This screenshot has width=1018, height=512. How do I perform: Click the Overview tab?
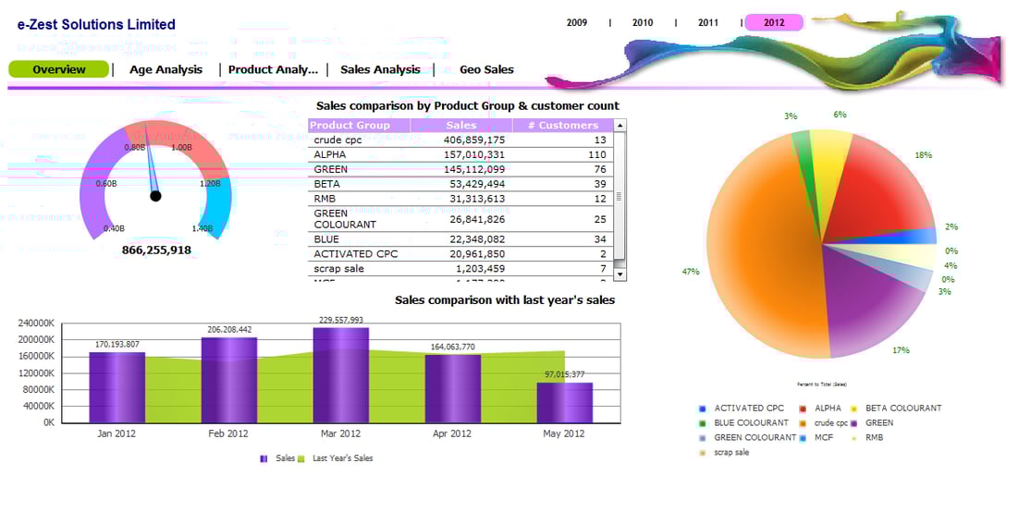[58, 69]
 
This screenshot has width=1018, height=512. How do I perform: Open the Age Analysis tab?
[166, 69]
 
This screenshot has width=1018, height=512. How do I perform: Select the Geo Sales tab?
[486, 69]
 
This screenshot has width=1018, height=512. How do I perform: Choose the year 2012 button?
[774, 22]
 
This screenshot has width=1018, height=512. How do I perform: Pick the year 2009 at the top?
[577, 22]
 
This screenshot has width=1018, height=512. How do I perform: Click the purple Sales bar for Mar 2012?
[340, 374]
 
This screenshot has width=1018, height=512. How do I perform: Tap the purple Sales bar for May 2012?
[565, 402]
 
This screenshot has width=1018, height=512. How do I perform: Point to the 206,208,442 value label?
[228, 330]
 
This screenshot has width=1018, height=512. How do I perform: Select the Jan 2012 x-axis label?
[117, 433]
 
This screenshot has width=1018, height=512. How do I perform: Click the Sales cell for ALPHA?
[474, 154]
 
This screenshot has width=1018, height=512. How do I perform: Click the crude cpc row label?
[337, 140]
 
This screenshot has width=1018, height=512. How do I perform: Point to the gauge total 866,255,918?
[156, 250]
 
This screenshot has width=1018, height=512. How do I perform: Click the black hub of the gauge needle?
[155, 195]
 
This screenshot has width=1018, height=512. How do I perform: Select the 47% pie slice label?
[690, 272]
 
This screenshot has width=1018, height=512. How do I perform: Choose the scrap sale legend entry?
[730, 452]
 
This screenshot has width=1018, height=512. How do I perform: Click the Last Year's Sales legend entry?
[342, 457]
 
